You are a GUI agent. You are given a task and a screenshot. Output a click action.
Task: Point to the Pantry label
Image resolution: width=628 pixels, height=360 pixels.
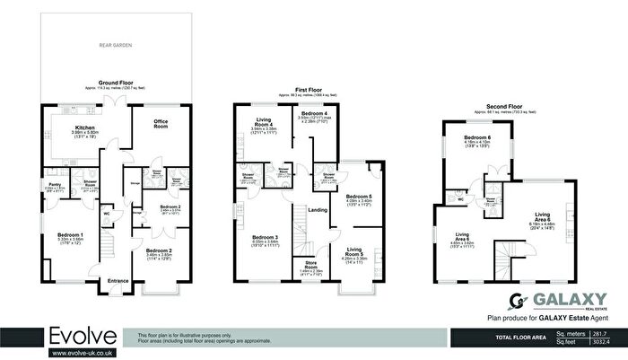point(52,187)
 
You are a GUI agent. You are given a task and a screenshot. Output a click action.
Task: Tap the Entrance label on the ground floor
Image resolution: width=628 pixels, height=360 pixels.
point(118,281)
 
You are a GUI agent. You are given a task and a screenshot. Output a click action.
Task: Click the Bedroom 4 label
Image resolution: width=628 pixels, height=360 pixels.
point(318,113)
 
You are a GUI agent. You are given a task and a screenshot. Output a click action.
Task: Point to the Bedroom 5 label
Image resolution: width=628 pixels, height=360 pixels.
point(358,197)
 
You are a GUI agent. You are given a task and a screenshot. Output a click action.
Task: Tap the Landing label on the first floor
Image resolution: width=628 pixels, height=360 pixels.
point(317,210)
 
